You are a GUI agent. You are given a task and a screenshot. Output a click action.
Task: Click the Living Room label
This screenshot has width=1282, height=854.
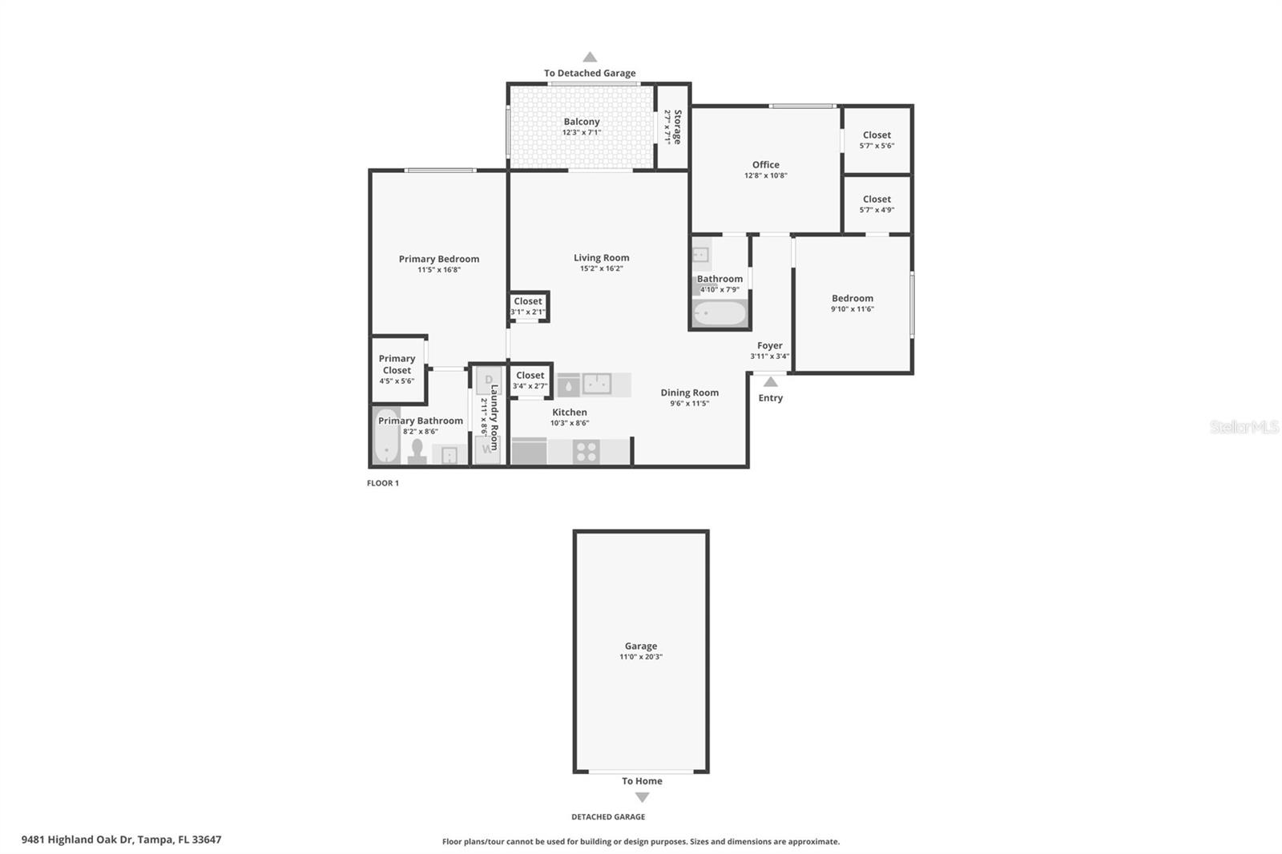(x=601, y=258)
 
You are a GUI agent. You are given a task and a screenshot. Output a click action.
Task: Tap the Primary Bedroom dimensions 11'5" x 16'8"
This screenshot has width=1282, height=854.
(x=439, y=270)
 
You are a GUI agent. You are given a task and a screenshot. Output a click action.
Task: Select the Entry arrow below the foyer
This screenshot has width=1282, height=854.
(x=770, y=382)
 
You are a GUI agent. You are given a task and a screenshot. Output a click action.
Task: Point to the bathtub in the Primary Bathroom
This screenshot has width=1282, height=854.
(x=387, y=436)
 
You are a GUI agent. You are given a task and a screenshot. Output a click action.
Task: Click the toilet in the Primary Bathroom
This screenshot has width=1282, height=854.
(x=417, y=451)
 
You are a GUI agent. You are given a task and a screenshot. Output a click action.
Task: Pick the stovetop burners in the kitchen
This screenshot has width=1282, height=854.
(x=586, y=452)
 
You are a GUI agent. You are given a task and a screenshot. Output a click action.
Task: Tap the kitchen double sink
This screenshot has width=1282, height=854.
(x=597, y=384)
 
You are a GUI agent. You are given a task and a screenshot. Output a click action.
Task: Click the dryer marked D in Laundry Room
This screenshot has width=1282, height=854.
(x=488, y=380)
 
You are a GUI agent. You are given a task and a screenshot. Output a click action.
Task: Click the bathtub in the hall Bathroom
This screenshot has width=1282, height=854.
(x=720, y=313)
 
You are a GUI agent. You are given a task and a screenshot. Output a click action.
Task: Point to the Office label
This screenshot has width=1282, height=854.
(x=766, y=165)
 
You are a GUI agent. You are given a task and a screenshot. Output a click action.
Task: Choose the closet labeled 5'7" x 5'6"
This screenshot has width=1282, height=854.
(x=877, y=139)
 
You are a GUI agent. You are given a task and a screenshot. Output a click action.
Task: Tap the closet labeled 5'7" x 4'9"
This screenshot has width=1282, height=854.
(x=877, y=204)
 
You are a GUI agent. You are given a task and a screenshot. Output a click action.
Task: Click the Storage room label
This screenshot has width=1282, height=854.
(x=678, y=127)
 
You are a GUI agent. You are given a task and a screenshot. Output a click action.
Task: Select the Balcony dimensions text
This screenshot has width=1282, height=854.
(x=582, y=132)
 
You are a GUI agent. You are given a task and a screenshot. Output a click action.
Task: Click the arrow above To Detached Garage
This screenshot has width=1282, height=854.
(x=590, y=57)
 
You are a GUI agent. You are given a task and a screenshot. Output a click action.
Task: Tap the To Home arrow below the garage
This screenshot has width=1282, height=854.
(x=642, y=797)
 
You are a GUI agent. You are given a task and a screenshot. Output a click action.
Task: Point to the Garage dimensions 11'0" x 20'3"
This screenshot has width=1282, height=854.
(x=641, y=657)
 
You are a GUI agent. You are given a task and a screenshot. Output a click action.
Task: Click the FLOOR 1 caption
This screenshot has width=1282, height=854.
(x=383, y=483)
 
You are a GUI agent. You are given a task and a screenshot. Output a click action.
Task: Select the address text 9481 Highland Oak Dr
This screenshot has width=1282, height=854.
(x=77, y=840)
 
